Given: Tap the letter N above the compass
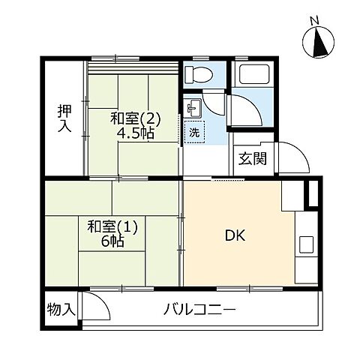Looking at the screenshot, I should click(315, 21).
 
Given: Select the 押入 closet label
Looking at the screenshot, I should click(64, 118).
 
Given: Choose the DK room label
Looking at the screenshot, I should click(235, 235).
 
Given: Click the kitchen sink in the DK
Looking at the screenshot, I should click(306, 244).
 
